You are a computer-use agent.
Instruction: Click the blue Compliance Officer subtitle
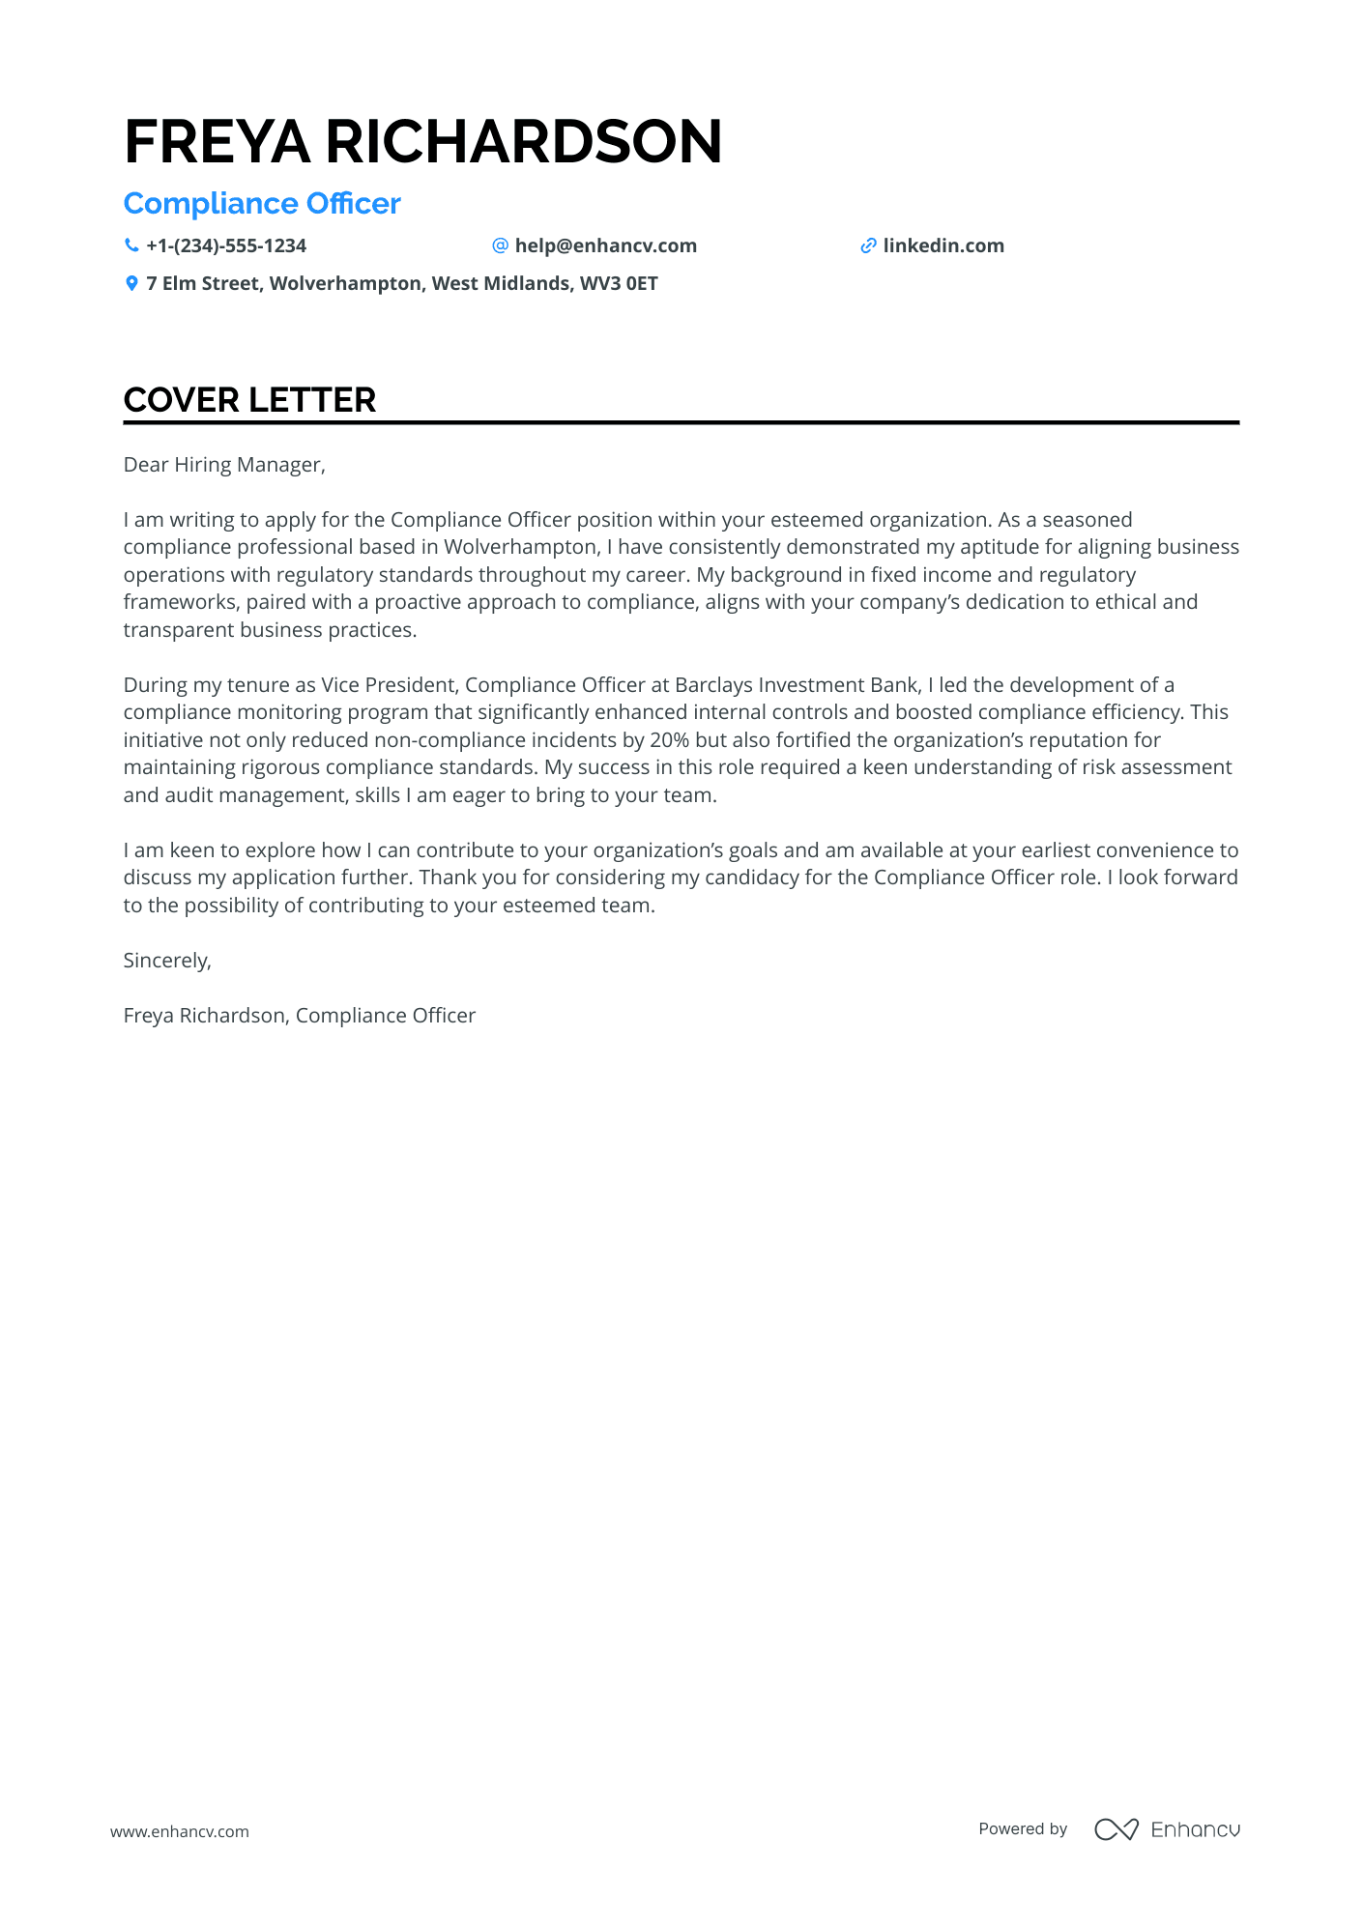click(x=262, y=204)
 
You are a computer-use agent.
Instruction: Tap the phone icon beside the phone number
click(x=131, y=245)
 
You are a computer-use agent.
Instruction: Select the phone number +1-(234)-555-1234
click(x=226, y=245)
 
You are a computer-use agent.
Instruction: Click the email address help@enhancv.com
click(x=605, y=245)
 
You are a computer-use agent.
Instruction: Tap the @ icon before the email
click(x=500, y=245)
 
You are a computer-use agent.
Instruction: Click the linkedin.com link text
click(x=943, y=245)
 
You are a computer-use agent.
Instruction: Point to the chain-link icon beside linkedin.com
click(x=868, y=245)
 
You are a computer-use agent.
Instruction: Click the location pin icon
click(x=131, y=283)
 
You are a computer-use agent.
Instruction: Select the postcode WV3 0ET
click(x=619, y=283)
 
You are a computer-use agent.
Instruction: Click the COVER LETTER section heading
click(x=249, y=400)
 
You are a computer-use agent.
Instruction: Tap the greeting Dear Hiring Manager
click(x=224, y=465)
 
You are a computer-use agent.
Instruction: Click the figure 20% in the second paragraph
click(x=669, y=740)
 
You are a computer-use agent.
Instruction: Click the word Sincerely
click(x=166, y=961)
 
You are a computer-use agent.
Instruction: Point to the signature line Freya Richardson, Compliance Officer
click(x=300, y=1016)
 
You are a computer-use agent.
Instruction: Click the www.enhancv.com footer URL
click(x=180, y=1831)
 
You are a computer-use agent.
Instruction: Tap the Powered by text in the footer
click(x=1023, y=1828)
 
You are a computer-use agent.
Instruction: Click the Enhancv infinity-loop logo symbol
click(x=1116, y=1829)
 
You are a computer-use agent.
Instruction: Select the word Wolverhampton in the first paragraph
click(x=520, y=547)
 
